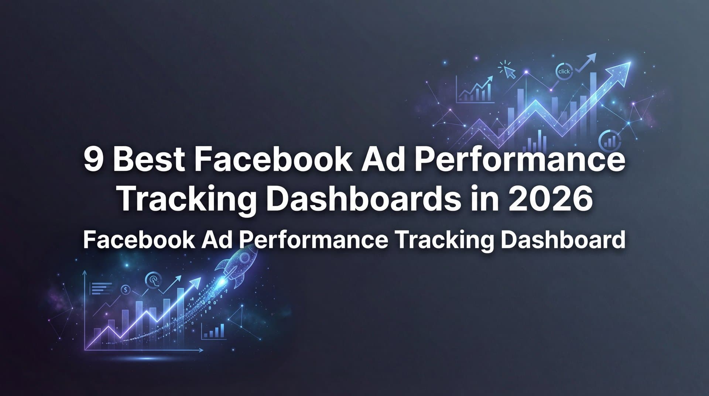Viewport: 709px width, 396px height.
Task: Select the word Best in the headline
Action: (148, 160)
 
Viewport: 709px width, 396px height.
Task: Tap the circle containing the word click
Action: (564, 72)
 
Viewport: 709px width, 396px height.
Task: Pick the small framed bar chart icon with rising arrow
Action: (475, 89)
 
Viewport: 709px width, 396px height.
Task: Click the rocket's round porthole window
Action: (244, 258)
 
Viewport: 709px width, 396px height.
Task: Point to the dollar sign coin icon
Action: (126, 290)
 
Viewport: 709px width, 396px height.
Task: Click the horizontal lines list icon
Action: (101, 288)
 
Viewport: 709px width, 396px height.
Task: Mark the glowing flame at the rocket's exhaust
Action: (222, 283)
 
